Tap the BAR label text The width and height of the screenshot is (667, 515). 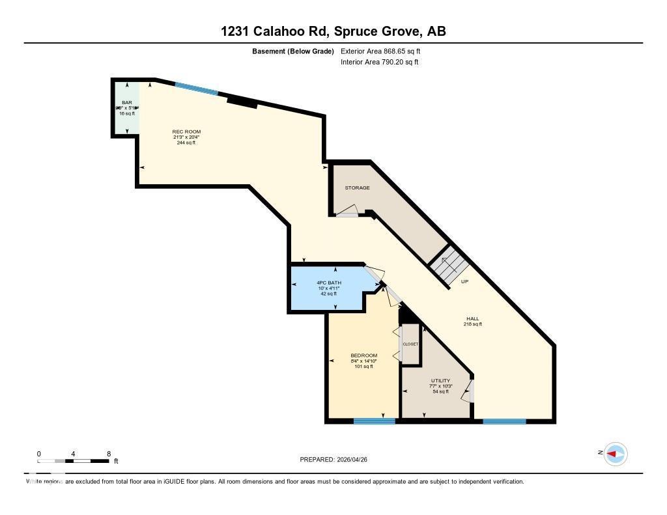(x=126, y=103)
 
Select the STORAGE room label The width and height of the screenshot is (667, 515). (x=357, y=188)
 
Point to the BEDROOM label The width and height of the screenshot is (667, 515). (x=363, y=355)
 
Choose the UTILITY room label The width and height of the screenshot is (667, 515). (x=440, y=381)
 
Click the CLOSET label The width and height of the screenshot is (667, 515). (x=410, y=344)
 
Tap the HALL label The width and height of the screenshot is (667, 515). (x=472, y=319)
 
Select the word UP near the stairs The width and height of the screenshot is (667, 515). (x=465, y=282)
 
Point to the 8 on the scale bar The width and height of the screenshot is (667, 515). (x=109, y=454)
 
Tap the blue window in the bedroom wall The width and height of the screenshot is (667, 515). (x=375, y=421)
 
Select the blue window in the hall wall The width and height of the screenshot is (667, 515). (x=504, y=421)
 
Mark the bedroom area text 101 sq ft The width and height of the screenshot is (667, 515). (x=363, y=367)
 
